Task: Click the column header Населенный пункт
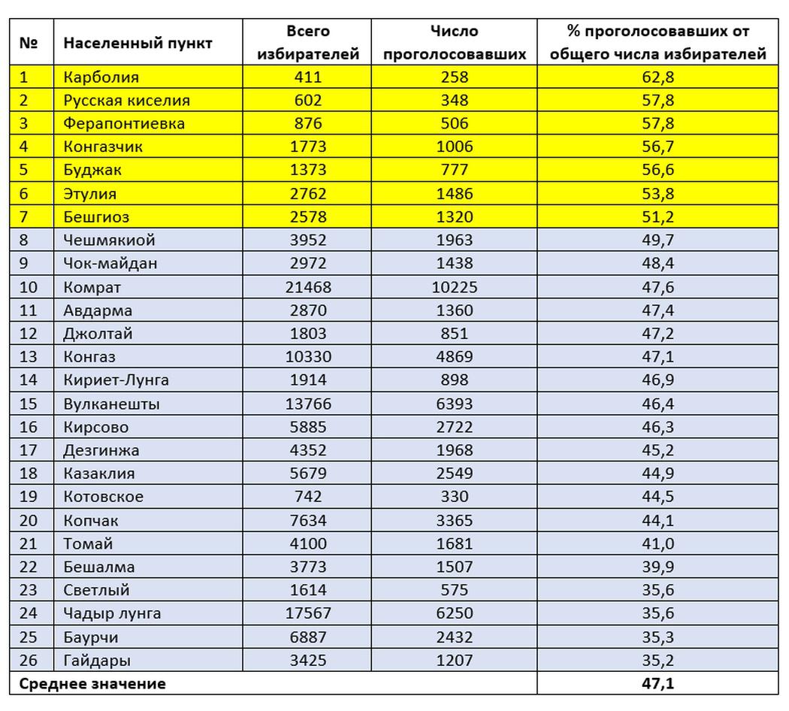(138, 43)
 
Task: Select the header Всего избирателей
(308, 43)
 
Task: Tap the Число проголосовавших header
(454, 43)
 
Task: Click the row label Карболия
(101, 77)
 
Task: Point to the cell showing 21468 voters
(308, 287)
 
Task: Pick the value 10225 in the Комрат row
(454, 287)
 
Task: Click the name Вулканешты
(112, 404)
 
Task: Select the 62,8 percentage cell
(657, 77)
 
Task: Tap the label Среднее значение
(92, 684)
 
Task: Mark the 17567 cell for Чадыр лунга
(308, 613)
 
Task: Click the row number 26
(28, 661)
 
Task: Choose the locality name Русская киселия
(127, 100)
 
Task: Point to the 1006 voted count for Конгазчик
(454, 147)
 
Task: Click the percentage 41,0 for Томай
(657, 543)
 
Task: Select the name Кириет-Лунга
(116, 380)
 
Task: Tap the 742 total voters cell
(308, 497)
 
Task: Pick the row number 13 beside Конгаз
(28, 356)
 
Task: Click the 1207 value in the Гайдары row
(454, 661)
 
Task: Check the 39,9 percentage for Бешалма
(657, 567)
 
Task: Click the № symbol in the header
(29, 43)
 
